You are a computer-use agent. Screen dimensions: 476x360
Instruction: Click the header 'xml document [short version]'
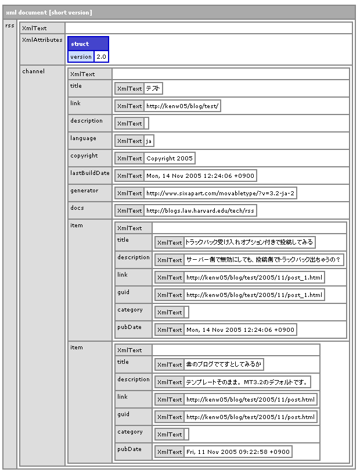tap(49, 12)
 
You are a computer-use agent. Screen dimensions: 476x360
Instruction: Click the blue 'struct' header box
tap(80, 44)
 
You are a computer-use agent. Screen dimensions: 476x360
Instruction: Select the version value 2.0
tap(101, 56)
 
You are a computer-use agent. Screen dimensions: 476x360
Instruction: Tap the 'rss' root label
tap(10, 26)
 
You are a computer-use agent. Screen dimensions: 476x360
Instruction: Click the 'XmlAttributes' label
tap(42, 40)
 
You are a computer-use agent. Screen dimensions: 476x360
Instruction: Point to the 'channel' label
tap(33, 71)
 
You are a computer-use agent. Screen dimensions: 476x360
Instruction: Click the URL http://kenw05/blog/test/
tap(183, 106)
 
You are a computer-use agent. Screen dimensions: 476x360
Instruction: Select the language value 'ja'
tap(149, 141)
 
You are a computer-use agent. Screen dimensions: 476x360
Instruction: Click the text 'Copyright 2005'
tap(170, 158)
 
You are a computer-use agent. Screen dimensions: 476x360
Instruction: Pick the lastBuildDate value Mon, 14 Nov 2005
tap(200, 176)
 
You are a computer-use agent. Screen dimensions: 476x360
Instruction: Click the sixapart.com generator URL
tap(221, 193)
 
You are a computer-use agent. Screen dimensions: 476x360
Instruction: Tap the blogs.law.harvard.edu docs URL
tap(200, 210)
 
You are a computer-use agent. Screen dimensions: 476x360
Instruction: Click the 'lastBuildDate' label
tap(89, 173)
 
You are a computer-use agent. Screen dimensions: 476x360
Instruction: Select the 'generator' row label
tap(84, 191)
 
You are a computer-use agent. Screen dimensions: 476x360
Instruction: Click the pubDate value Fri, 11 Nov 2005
tap(238, 452)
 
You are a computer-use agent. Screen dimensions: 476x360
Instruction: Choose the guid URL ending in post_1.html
tap(254, 295)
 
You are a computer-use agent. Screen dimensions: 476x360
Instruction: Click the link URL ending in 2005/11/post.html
tap(251, 399)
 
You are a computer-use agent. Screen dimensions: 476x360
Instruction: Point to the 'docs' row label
tap(77, 208)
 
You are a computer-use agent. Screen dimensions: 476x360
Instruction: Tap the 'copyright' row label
tap(84, 156)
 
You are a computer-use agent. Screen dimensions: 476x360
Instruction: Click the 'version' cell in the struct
tap(81, 56)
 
